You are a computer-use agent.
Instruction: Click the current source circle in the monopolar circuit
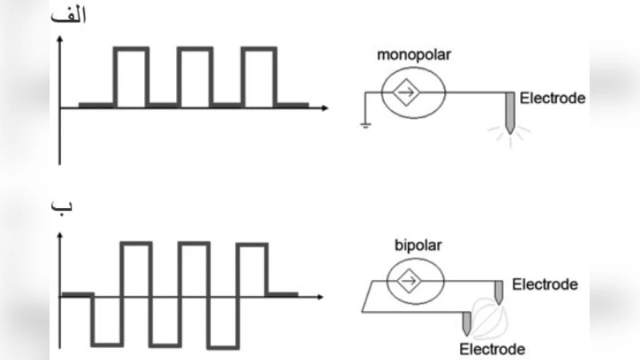click(x=408, y=92)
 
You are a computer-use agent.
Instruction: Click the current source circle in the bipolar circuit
click(x=414, y=282)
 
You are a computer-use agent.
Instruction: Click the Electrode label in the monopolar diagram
click(x=553, y=99)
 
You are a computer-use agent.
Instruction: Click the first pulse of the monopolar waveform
click(x=131, y=76)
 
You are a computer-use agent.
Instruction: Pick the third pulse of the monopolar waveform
click(x=258, y=76)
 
